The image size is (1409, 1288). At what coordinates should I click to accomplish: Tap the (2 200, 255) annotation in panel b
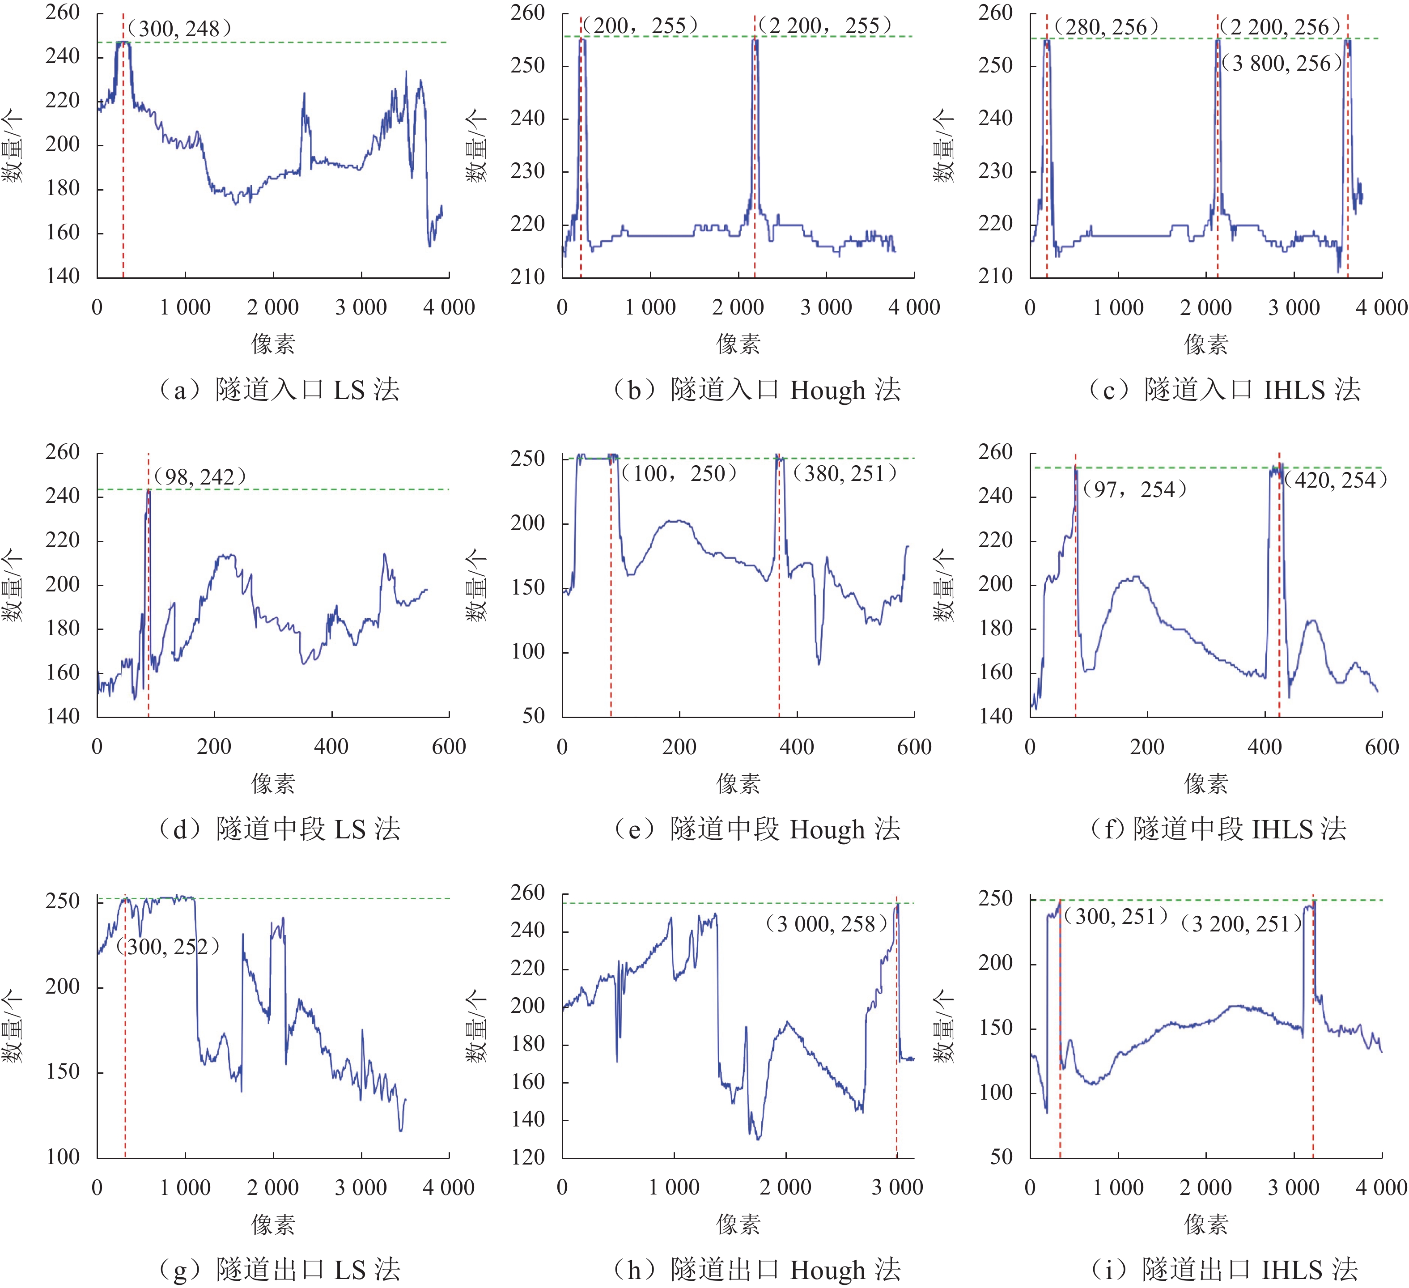pos(825,26)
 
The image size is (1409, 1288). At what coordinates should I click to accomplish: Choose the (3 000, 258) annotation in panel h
pos(826,924)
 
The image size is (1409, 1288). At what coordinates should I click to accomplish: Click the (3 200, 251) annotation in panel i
pos(1241,924)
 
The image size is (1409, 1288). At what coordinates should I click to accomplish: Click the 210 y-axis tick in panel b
pos(528,277)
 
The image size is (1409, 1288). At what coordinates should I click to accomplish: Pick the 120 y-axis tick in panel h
pos(528,1157)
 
